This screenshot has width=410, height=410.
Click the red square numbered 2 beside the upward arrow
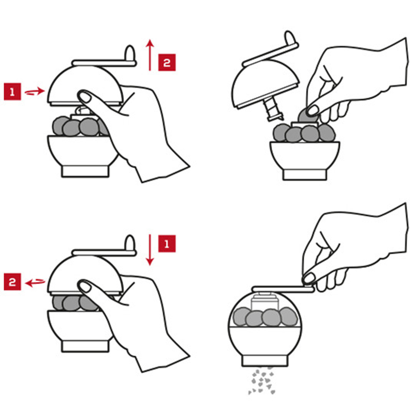tap(167, 62)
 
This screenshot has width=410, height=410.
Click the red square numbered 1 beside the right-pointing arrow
tap(12, 91)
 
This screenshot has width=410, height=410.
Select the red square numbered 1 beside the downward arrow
tap(167, 244)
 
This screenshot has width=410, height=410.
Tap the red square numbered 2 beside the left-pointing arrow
tap(12, 282)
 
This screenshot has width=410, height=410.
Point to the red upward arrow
tap(150, 55)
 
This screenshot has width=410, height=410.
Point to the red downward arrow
tap(150, 250)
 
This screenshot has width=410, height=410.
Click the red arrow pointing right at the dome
tap(35, 91)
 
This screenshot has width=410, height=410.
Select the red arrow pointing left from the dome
tap(35, 282)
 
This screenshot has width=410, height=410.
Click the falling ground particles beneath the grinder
tap(262, 381)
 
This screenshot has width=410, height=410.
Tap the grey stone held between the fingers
tap(306, 116)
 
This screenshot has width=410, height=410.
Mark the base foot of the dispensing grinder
tap(265, 361)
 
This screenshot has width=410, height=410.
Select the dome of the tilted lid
tap(265, 83)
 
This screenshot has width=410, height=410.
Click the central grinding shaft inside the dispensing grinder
tap(264, 303)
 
